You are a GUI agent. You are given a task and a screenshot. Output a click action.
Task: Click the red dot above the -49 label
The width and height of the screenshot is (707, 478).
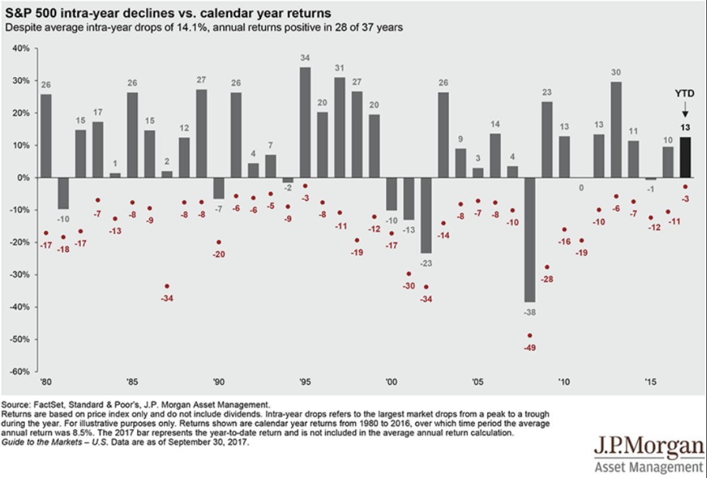click(x=529, y=336)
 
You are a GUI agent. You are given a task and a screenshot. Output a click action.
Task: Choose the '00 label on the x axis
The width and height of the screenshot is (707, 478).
click(x=392, y=381)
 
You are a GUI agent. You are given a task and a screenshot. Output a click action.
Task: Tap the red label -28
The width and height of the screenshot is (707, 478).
click(x=547, y=279)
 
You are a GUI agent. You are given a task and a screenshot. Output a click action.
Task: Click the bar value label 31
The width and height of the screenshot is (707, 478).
click(x=340, y=68)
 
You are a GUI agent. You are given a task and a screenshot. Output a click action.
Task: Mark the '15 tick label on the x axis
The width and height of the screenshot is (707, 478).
click(x=650, y=381)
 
